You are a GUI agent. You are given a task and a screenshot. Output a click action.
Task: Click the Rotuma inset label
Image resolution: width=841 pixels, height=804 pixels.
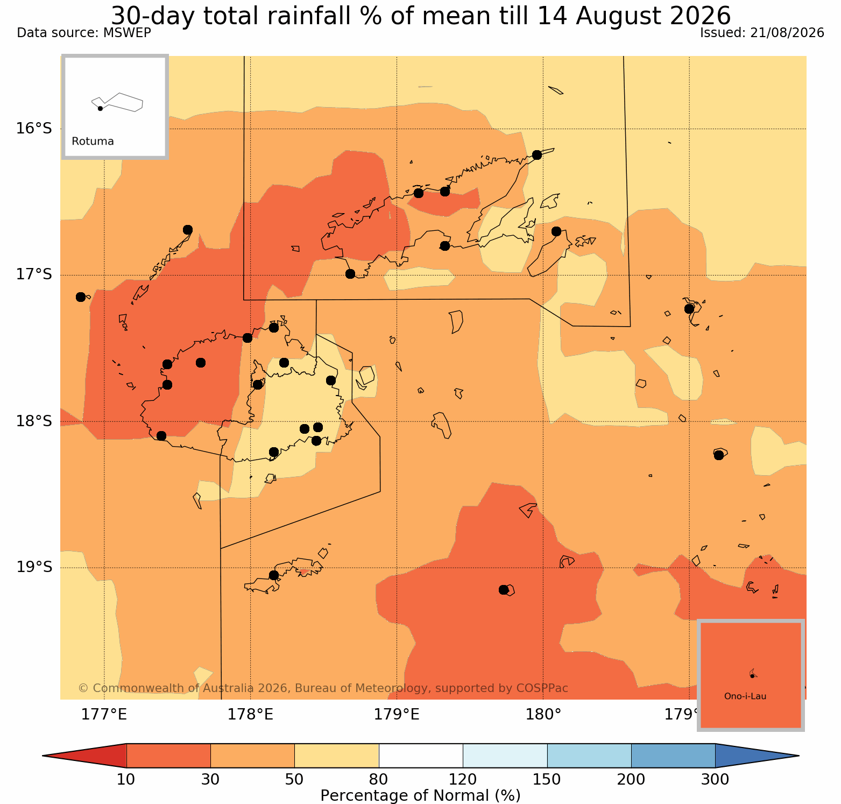(93, 142)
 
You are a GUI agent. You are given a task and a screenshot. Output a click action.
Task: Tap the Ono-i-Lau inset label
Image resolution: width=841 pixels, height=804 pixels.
(745, 696)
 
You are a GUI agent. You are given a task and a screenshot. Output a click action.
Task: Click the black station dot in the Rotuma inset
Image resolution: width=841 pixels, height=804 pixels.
(100, 108)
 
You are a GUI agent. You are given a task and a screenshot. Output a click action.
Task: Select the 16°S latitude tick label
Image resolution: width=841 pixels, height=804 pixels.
(33, 128)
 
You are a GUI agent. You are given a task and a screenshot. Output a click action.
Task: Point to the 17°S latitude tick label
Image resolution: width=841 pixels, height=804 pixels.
(33, 274)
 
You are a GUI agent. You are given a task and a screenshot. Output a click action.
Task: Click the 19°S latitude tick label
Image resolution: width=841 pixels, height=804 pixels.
(33, 567)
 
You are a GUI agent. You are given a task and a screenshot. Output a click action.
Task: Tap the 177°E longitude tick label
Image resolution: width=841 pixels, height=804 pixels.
(104, 715)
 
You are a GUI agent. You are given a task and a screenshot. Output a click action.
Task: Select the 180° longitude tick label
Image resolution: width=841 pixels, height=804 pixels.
(543, 715)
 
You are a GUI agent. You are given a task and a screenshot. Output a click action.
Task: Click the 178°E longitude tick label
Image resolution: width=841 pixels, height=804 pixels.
(250, 715)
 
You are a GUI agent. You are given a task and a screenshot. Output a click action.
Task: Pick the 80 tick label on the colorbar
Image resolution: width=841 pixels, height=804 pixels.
(379, 779)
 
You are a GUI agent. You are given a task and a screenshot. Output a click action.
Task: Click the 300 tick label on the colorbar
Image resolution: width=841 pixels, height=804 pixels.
(715, 779)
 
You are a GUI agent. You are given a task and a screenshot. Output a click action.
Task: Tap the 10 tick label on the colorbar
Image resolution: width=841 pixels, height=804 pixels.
(126, 779)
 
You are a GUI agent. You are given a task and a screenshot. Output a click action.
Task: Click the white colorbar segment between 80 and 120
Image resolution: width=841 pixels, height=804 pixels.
(421, 756)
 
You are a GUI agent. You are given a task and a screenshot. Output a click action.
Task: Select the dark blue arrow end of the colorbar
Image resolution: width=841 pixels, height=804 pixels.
(753, 756)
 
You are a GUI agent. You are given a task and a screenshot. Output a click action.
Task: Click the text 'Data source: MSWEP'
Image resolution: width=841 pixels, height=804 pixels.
(84, 33)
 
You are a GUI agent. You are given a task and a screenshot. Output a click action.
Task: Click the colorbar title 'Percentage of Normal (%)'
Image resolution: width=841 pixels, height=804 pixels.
(420, 795)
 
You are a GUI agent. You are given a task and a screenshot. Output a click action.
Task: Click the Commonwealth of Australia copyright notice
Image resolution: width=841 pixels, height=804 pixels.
(323, 688)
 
